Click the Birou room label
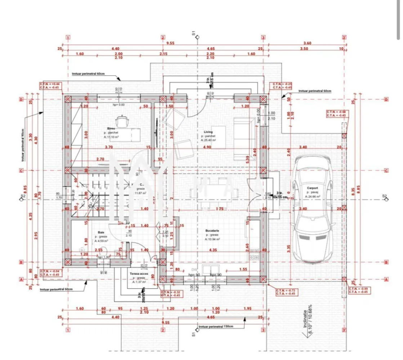point(111,128)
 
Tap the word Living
point(208,132)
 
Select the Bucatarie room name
point(212,230)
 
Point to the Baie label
point(101,233)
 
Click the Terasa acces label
point(139,274)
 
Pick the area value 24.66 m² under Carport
point(312,197)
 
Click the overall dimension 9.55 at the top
point(170,43)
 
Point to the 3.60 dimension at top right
point(307,43)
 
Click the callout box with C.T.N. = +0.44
point(49,85)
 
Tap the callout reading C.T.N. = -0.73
point(286,292)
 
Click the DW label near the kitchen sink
point(194,269)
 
